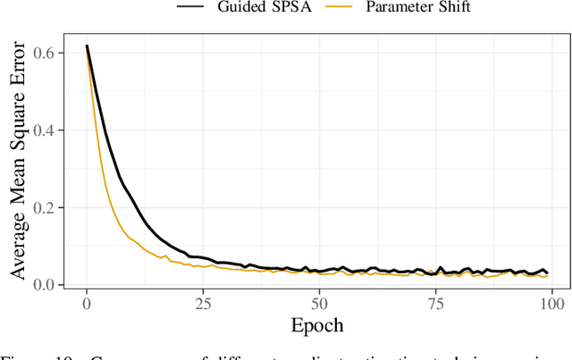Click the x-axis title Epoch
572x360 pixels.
(317, 323)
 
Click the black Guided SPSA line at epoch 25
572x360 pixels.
(203, 257)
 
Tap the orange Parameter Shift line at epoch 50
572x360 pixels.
(320, 274)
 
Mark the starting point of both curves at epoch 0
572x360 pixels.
(87, 46)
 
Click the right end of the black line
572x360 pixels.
(548, 273)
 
